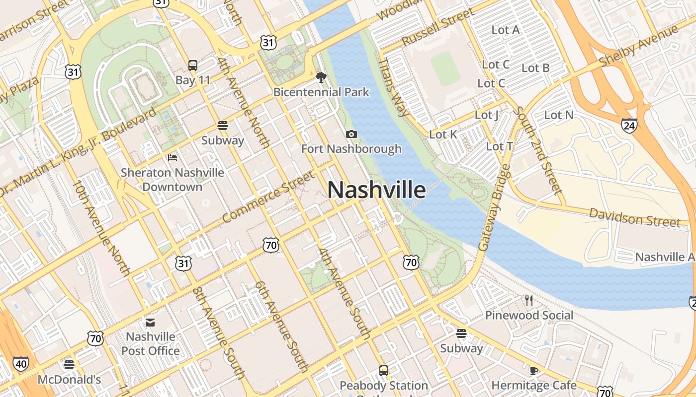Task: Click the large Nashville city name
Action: click(x=376, y=190)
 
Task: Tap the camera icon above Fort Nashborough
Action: click(x=351, y=134)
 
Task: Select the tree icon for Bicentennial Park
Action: click(x=321, y=77)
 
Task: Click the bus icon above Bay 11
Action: click(x=192, y=65)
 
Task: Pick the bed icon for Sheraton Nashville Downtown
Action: click(x=173, y=158)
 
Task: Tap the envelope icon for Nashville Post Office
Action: click(x=150, y=323)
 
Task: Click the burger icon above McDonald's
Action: click(x=69, y=365)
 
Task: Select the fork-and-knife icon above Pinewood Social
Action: click(x=529, y=300)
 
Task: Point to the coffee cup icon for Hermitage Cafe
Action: click(x=534, y=371)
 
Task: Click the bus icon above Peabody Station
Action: click(x=383, y=370)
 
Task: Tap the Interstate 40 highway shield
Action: click(x=20, y=363)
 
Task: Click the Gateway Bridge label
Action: click(x=494, y=207)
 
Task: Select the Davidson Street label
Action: click(x=634, y=217)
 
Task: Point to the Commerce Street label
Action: click(x=268, y=197)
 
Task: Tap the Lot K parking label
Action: click(x=443, y=134)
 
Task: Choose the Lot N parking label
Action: click(x=559, y=115)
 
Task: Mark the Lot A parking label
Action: click(x=506, y=30)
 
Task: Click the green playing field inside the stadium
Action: click(x=445, y=69)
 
